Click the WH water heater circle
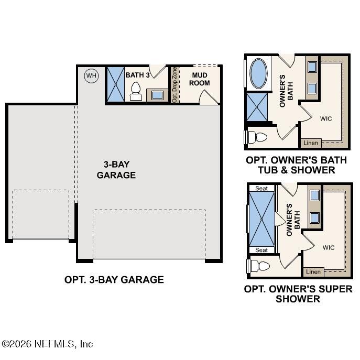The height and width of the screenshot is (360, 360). click(92, 76)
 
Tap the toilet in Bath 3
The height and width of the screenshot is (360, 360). click(136, 91)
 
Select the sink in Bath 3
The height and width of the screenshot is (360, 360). click(157, 95)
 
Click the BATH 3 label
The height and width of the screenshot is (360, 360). click(137, 75)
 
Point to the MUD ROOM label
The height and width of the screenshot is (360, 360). click(199, 79)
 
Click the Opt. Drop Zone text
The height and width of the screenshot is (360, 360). click(174, 84)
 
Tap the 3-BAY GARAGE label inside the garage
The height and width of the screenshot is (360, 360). click(116, 169)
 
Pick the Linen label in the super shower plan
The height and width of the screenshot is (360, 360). click(313, 271)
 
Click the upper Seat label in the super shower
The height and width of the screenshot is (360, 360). click(261, 189)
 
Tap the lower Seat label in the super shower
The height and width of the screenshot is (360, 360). click(261, 250)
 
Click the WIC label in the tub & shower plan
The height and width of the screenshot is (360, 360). click(326, 118)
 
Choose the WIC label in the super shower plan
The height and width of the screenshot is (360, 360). click(329, 247)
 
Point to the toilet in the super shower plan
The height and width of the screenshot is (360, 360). click(258, 265)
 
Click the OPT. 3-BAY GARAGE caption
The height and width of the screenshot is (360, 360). click(114, 279)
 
